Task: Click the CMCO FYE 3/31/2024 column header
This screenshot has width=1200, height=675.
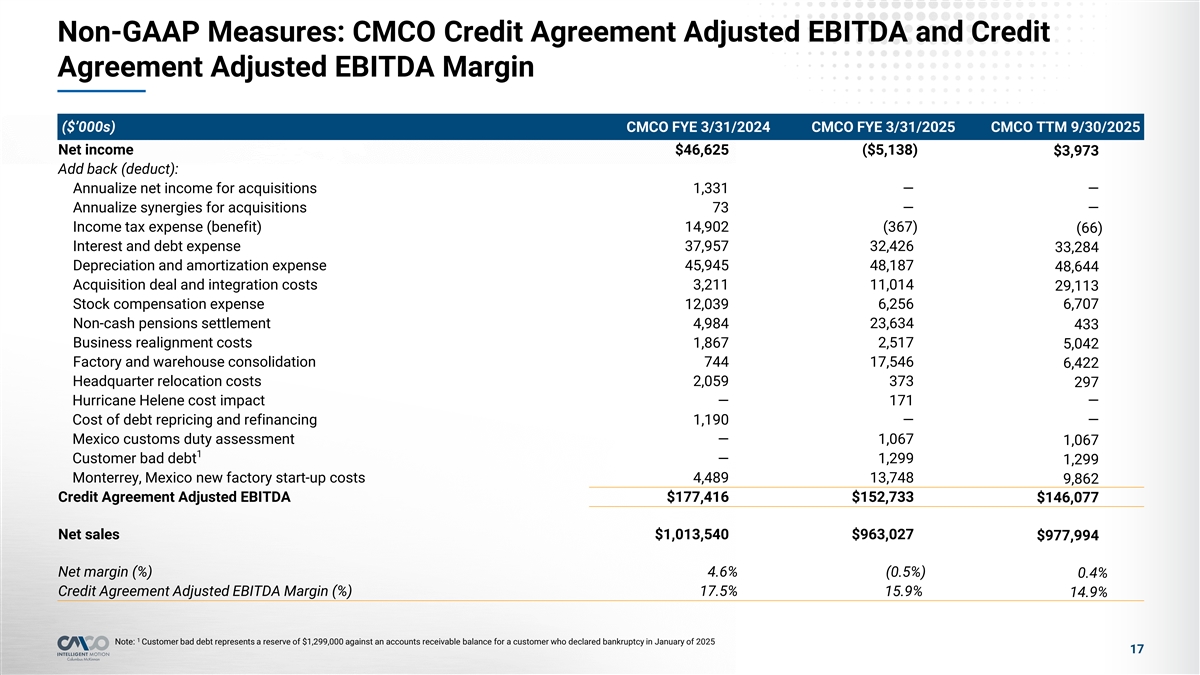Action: [697, 127]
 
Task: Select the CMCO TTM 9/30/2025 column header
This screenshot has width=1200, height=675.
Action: [1065, 127]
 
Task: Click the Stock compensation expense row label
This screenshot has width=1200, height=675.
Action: [168, 304]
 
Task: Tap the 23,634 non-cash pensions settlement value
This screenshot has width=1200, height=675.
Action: [892, 323]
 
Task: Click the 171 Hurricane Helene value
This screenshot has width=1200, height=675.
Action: [901, 400]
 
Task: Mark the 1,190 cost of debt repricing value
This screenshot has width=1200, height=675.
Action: [710, 419]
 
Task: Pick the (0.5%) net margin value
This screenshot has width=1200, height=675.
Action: [905, 571]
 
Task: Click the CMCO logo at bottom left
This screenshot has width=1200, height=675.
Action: [83, 644]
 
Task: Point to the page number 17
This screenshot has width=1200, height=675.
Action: [1136, 650]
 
